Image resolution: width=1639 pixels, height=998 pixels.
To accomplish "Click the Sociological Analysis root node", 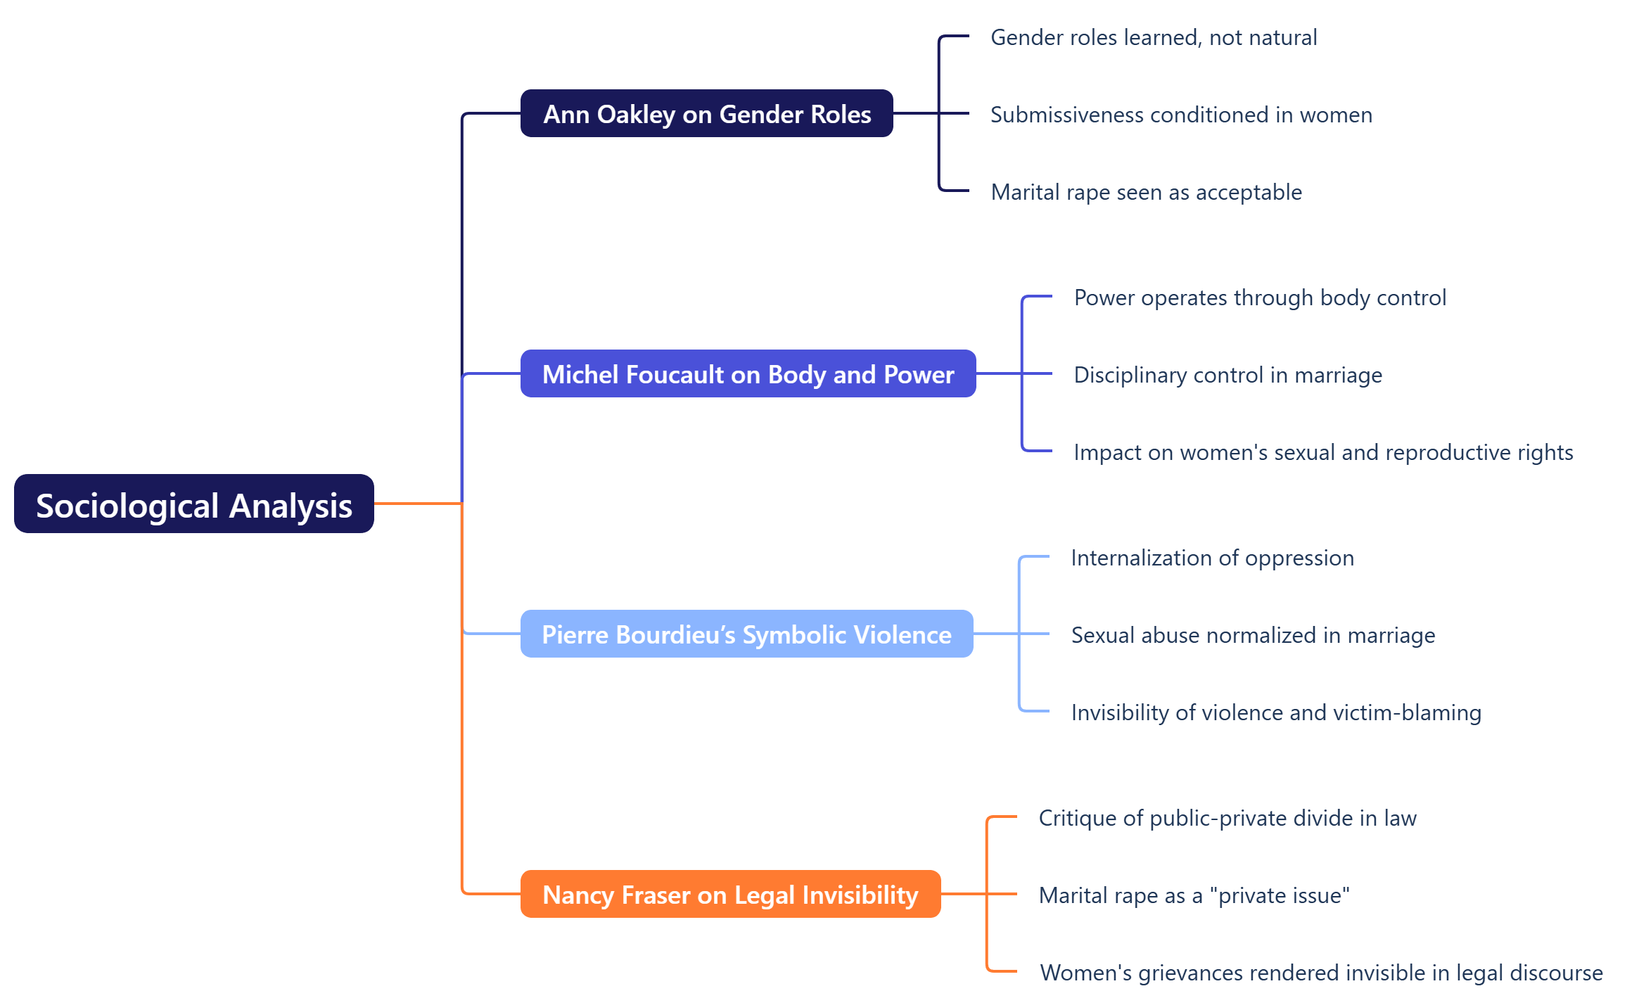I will [193, 504].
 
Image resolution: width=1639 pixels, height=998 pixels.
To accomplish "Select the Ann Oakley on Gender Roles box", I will [706, 113].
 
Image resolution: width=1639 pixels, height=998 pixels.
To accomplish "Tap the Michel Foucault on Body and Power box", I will [748, 373].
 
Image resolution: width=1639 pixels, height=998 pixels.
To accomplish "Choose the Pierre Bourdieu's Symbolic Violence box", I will [746, 634].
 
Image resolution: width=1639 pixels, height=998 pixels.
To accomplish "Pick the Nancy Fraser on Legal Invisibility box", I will [730, 894].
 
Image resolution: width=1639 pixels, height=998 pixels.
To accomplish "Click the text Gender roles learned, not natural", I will [1153, 37].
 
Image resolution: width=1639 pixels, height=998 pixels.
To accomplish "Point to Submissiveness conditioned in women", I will [1181, 115].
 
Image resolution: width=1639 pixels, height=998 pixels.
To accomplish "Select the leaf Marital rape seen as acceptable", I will [1146, 192].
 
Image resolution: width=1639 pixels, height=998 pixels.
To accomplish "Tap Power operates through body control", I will [1260, 298].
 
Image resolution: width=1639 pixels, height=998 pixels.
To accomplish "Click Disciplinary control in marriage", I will [1227, 375].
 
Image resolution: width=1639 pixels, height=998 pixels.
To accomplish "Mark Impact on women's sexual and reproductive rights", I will [1323, 452].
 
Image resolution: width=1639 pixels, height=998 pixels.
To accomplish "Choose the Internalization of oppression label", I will [1212, 558].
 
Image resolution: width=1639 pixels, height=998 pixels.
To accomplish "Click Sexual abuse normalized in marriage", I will [1253, 635].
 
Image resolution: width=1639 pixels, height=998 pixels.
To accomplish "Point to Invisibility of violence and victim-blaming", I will [1276, 712].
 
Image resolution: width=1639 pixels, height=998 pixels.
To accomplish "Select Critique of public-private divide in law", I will [1227, 818].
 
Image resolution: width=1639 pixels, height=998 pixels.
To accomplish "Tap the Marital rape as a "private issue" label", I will [1194, 895].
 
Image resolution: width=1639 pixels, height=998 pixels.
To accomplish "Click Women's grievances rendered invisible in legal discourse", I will [1321, 973].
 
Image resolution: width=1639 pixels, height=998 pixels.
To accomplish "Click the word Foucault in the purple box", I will [675, 374].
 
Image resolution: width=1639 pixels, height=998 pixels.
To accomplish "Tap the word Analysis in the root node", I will [291, 506].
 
